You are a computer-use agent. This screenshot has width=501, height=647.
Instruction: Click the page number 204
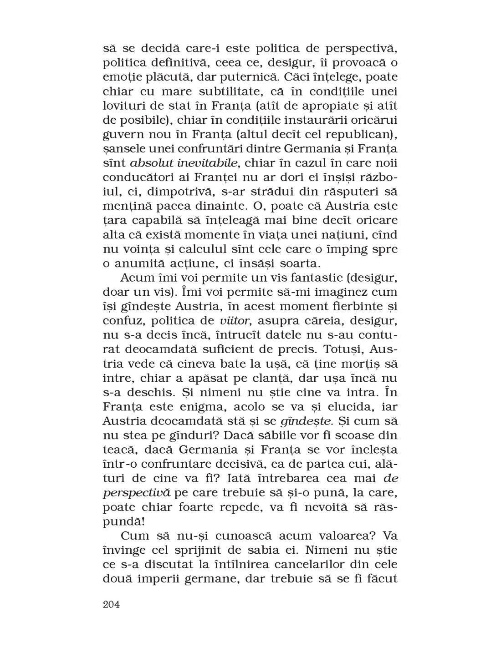(111, 605)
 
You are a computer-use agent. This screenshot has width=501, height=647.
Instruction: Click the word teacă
(119, 450)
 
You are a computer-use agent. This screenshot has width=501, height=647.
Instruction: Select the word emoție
(120, 77)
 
